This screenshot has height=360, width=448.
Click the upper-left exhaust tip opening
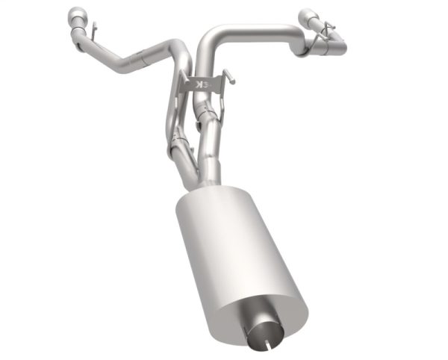75,15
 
